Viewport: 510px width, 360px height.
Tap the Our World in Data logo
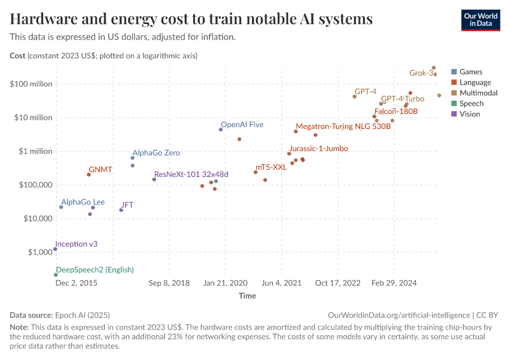tap(480, 20)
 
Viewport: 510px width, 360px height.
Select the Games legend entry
tap(470, 72)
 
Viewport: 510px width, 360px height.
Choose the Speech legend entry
tap(471, 103)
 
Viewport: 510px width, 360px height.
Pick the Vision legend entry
tap(469, 114)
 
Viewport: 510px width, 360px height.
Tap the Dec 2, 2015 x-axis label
tap(77, 283)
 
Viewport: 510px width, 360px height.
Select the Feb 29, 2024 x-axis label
tap(394, 283)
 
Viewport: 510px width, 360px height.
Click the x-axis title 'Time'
tap(247, 296)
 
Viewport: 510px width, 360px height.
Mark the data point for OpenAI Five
tap(221, 130)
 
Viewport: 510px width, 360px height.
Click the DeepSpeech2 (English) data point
tap(56, 275)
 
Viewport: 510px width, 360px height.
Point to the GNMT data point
tap(89, 175)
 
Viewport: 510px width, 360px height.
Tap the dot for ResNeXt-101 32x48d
tap(154, 179)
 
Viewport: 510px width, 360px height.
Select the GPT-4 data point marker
tap(355, 97)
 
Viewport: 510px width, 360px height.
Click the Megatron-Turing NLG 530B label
tap(343, 127)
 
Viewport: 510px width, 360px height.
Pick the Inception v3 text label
tap(76, 244)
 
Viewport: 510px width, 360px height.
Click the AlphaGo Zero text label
tap(156, 153)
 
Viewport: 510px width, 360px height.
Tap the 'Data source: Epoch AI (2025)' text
tap(60, 315)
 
